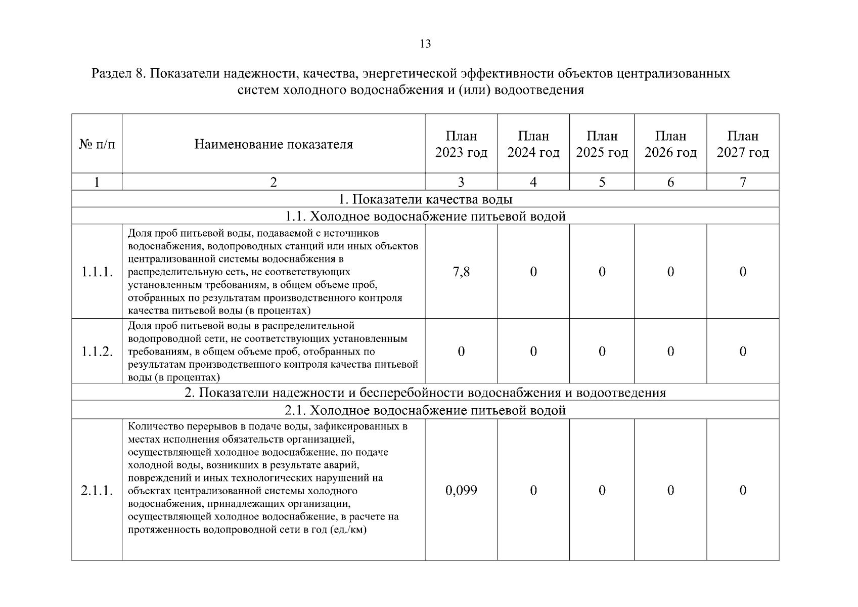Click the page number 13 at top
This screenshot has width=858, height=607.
pyautogui.click(x=425, y=44)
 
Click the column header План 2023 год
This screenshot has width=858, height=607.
pyautogui.click(x=461, y=144)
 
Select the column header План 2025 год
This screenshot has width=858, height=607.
pyautogui.click(x=602, y=144)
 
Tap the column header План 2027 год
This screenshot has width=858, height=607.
pyautogui.click(x=742, y=144)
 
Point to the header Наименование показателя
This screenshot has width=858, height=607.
pyautogui.click(x=274, y=145)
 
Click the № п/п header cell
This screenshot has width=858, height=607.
pyautogui.click(x=97, y=145)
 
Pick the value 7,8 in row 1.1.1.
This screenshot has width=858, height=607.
pyautogui.click(x=461, y=272)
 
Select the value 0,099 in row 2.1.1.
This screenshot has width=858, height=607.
pyautogui.click(x=461, y=490)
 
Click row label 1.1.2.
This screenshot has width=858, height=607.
pyautogui.click(x=97, y=352)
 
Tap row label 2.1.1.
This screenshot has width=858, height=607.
pyautogui.click(x=97, y=491)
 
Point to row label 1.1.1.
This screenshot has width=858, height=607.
pyautogui.click(x=97, y=272)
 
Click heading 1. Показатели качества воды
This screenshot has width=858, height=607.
pyautogui.click(x=425, y=199)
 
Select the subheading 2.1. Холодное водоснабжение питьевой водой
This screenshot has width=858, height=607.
pyautogui.click(x=425, y=410)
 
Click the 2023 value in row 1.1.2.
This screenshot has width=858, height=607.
pyautogui.click(x=461, y=352)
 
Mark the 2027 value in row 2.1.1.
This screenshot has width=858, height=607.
pyautogui.click(x=742, y=490)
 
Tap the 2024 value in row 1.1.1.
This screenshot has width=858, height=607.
pyautogui.click(x=533, y=272)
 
